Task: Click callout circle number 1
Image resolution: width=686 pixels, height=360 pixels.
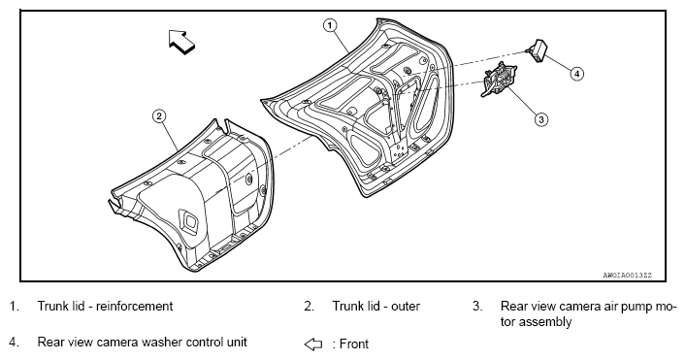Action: point(330,25)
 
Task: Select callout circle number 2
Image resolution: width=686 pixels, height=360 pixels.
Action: point(159,116)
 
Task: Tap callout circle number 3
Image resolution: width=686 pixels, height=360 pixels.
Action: point(541,119)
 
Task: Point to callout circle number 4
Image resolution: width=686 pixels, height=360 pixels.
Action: point(577,74)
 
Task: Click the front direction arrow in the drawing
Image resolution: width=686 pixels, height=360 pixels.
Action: point(181,42)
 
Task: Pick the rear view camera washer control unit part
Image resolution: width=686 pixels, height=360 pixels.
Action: point(539,49)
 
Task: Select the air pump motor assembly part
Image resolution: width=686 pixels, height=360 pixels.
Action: point(499,80)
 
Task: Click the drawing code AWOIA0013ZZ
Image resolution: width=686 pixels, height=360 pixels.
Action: point(627,276)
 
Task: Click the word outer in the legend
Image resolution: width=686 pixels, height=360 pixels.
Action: point(406,307)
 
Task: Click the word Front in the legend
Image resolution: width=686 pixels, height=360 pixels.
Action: point(354,344)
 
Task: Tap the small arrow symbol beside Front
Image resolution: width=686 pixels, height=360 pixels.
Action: point(312,344)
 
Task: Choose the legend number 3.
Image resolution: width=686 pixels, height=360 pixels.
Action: point(477,307)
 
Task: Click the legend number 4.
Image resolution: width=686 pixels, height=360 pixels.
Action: point(14,342)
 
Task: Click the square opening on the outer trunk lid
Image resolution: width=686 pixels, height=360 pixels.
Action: point(190,221)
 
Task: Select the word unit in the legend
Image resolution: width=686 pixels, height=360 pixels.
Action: point(236,342)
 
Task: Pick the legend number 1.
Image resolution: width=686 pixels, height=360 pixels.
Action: point(14,307)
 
